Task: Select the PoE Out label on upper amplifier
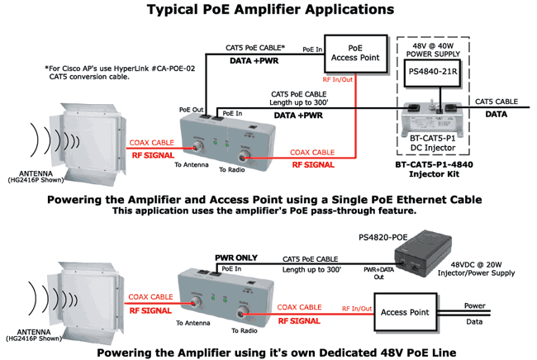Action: click(x=191, y=108)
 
